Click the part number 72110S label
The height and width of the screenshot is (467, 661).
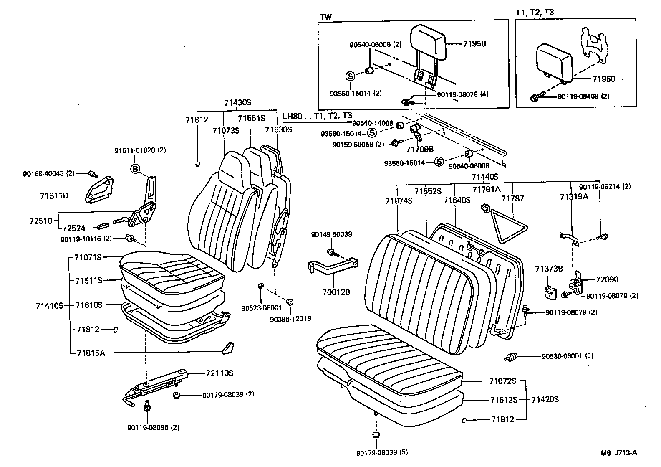coord(219,373)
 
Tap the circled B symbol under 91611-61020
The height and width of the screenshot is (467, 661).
coord(135,169)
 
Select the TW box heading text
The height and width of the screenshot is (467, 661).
coord(326,16)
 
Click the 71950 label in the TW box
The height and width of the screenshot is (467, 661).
coord(474,44)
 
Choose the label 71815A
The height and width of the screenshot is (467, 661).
coord(91,353)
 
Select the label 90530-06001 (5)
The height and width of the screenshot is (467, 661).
coord(567,356)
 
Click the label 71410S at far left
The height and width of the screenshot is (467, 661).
coord(49,305)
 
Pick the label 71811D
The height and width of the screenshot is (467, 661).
coord(54,195)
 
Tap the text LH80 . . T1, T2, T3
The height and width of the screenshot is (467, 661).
coord(317,116)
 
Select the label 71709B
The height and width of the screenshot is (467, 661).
coord(420,149)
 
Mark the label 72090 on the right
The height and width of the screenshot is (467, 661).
coord(607,279)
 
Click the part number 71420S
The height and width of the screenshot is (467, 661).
coord(545,399)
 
